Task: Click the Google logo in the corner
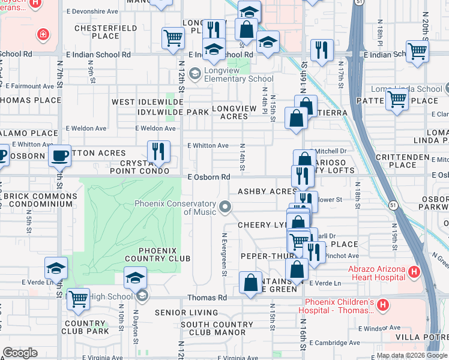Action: pyautogui.click(x=19, y=353)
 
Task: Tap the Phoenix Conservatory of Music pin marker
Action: pyautogui.click(x=226, y=208)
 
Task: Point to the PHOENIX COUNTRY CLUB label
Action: pyautogui.click(x=157, y=254)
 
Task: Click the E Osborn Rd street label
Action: pyautogui.click(x=209, y=177)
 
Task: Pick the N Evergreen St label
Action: pyautogui.click(x=224, y=254)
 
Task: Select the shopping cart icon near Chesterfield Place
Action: pyautogui.click(x=173, y=38)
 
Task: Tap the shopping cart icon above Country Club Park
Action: pyautogui.click(x=78, y=299)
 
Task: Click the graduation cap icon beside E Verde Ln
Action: pyautogui.click(x=56, y=269)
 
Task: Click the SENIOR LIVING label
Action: pyautogui.click(x=186, y=313)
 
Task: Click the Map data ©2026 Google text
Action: pyautogui.click(x=411, y=355)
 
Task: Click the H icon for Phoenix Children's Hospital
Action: pyautogui.click(x=382, y=307)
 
